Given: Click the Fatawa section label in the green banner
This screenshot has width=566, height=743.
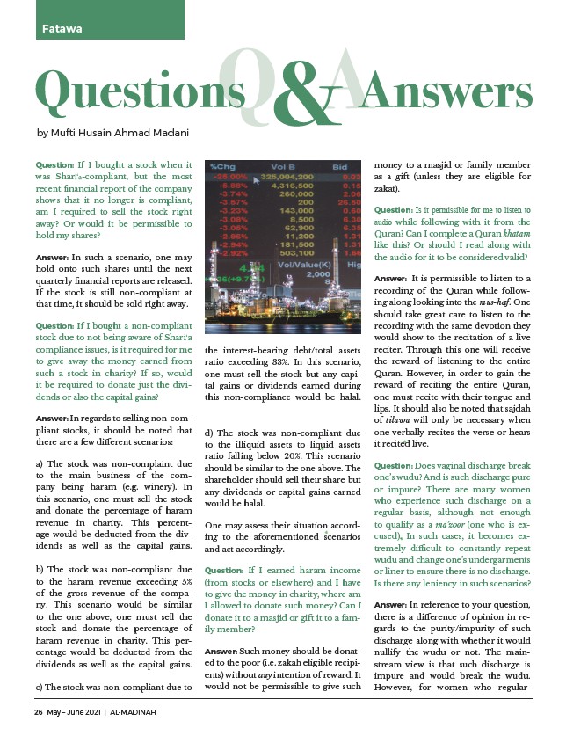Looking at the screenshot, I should [61, 28].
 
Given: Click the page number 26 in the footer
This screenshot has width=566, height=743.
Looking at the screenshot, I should [39, 712].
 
